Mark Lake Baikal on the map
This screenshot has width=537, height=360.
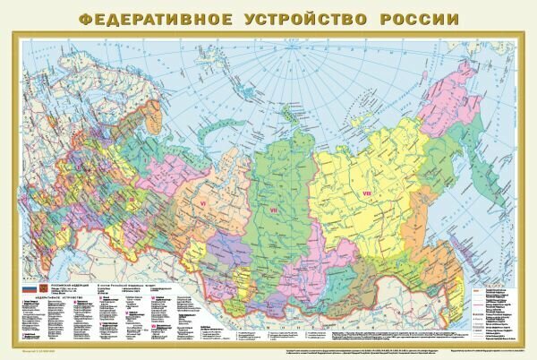(319, 269)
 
